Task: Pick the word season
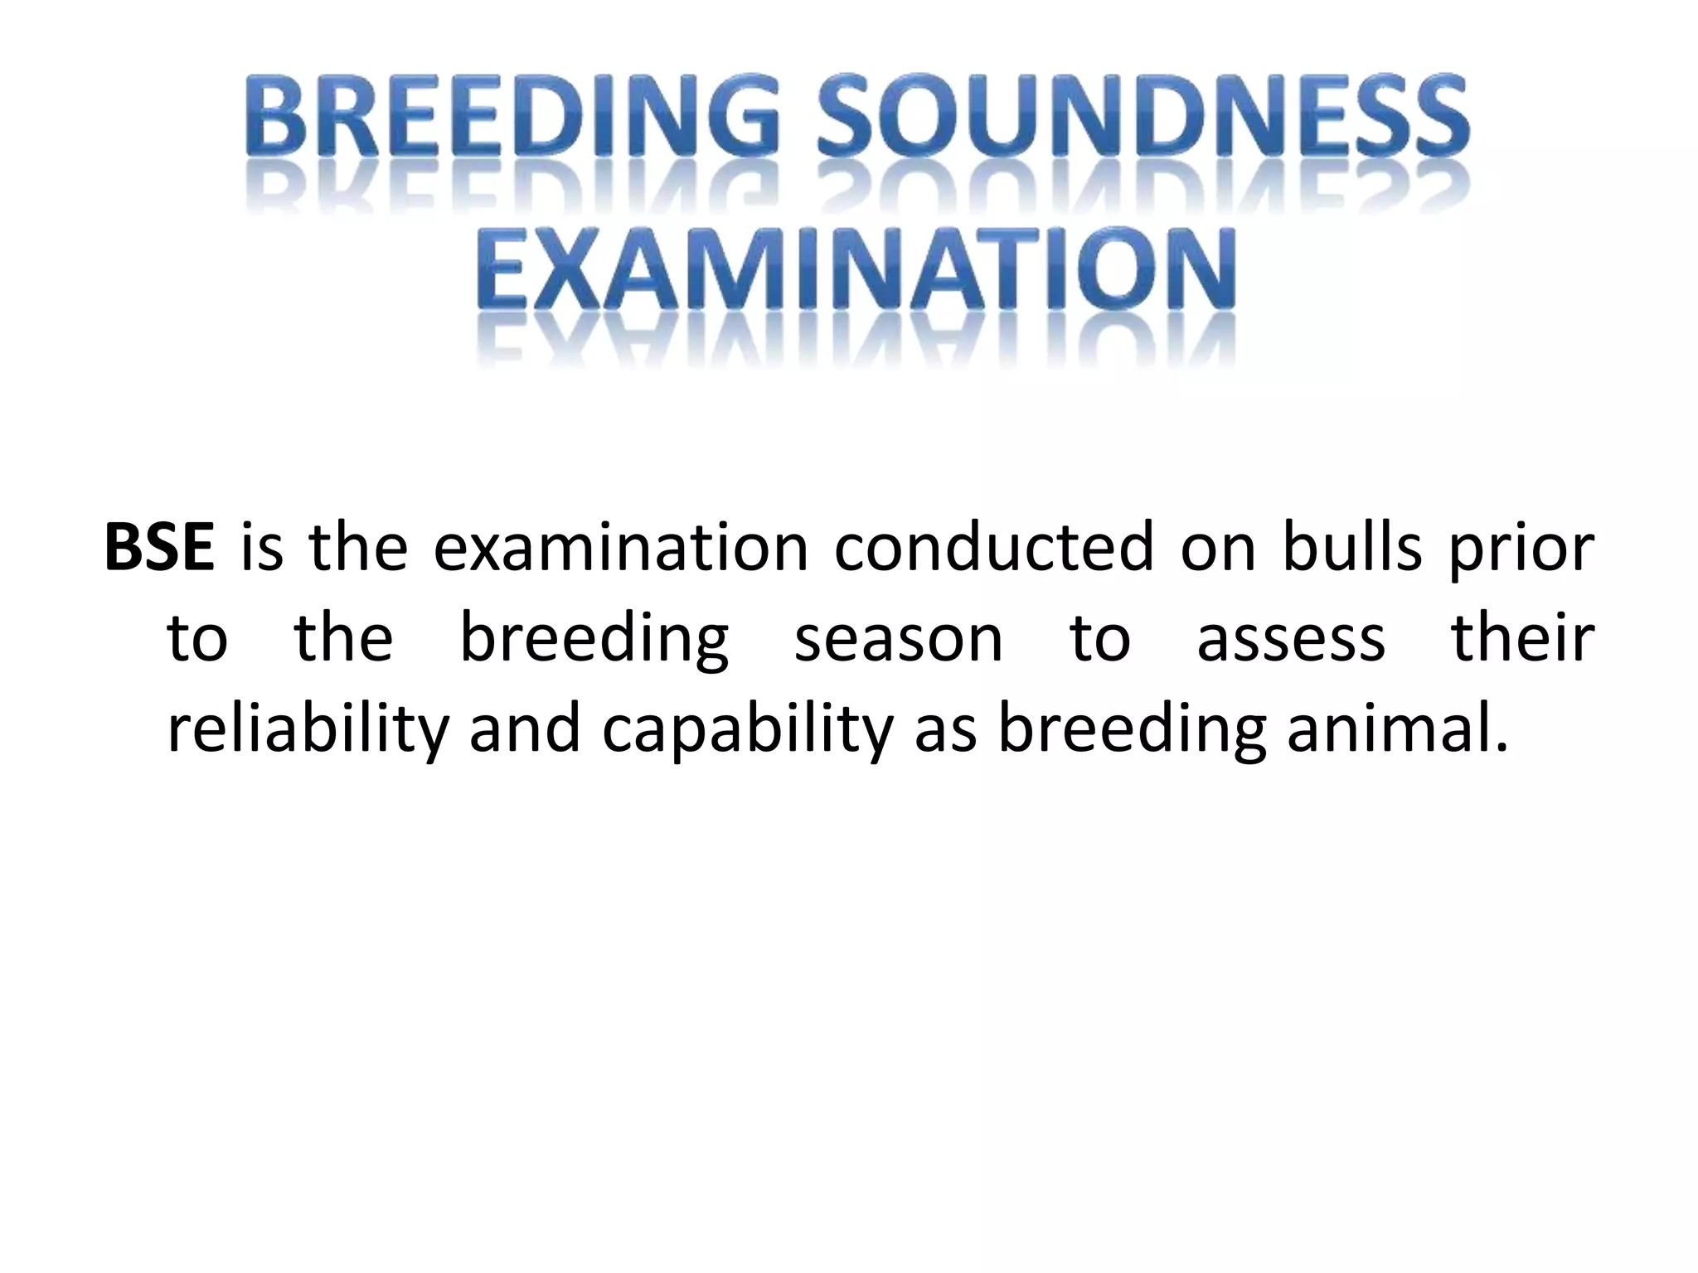[x=899, y=639]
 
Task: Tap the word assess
[x=1291, y=639]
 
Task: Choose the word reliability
[x=308, y=729]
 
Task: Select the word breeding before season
[x=594, y=639]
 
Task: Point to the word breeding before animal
[x=1133, y=729]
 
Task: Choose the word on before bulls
[x=1218, y=549]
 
